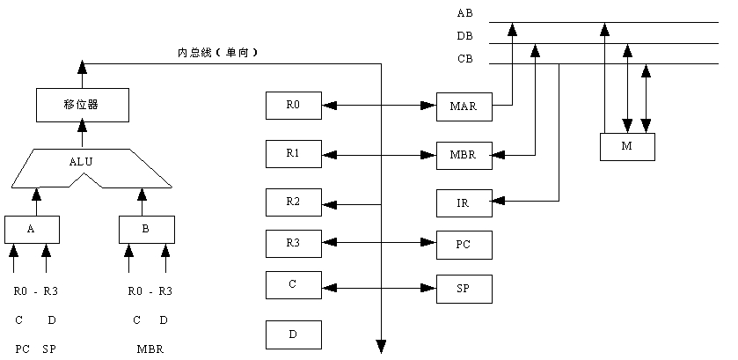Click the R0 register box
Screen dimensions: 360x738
click(x=294, y=106)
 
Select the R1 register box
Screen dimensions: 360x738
click(x=294, y=154)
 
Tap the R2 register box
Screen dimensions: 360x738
click(x=294, y=202)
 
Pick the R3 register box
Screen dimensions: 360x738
click(x=294, y=242)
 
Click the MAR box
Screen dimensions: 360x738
click(x=464, y=106)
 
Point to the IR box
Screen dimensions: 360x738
click(x=464, y=202)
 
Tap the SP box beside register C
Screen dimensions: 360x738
click(x=464, y=288)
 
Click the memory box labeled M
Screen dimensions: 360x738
click(x=627, y=146)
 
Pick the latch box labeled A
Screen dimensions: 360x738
click(x=31, y=229)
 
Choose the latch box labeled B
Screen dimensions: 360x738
click(x=146, y=229)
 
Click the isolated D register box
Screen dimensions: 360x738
click(x=294, y=334)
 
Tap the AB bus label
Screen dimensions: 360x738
click(x=464, y=13)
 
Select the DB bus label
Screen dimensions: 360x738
click(x=464, y=36)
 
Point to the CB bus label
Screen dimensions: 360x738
click(x=464, y=58)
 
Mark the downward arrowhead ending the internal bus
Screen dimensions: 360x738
click(x=382, y=345)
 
